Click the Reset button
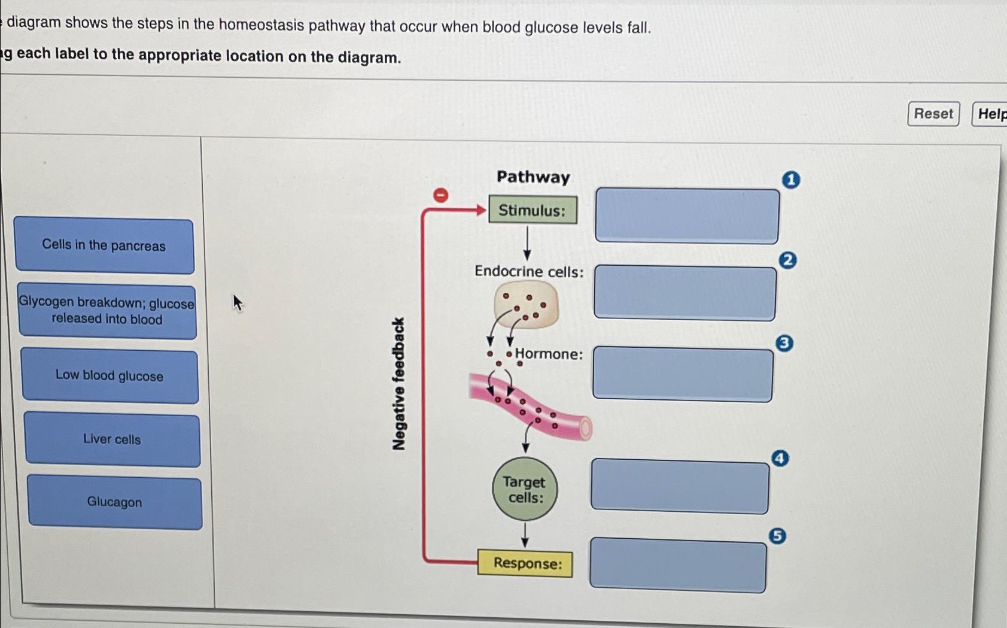pos(933,114)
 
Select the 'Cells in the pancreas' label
pos(104,245)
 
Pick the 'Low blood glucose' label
pos(109,376)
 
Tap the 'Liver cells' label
pos(112,439)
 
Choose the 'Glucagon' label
pos(115,502)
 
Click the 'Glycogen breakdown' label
pos(107,311)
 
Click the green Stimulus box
pos(533,210)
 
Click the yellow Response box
pos(525,563)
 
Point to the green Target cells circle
pos(524,489)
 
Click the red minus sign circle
pos(440,195)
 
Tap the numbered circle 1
pos(790,180)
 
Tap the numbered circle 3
pos(784,343)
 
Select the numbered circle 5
pos(777,535)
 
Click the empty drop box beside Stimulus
pos(687,216)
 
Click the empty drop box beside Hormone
pos(683,374)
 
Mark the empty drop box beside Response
pos(677,566)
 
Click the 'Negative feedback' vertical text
pos(398,384)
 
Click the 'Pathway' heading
pos(533,177)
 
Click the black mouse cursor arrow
pos(237,302)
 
